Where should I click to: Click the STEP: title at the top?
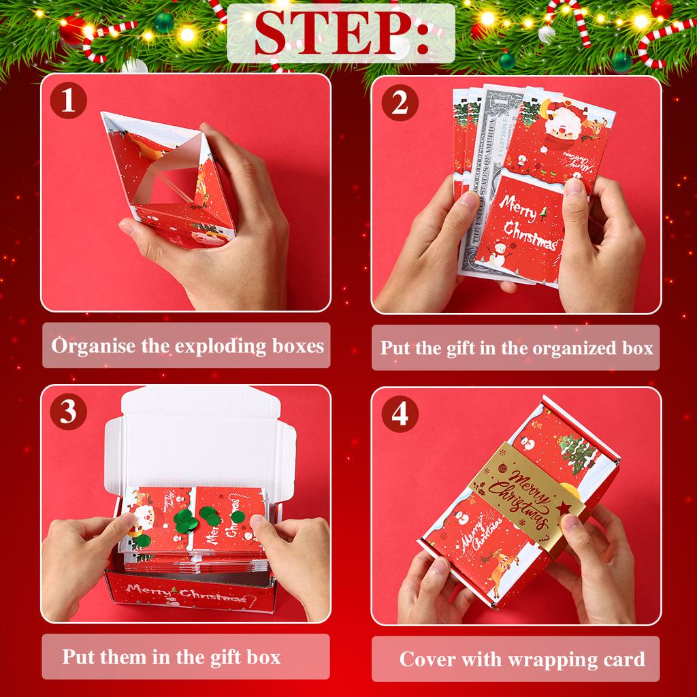pyautogui.click(x=341, y=33)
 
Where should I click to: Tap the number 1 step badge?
pyautogui.click(x=68, y=102)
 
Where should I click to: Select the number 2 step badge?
pyautogui.click(x=400, y=103)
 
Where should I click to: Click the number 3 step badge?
pyautogui.click(x=68, y=413)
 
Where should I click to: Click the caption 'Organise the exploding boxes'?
pyautogui.click(x=187, y=346)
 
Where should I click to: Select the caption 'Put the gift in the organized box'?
pyautogui.click(x=516, y=348)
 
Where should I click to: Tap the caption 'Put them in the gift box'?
pyautogui.click(x=172, y=657)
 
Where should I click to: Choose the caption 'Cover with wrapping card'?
pyautogui.click(x=521, y=659)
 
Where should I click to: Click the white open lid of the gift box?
pyautogui.click(x=204, y=436)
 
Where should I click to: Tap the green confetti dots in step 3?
pyautogui.click(x=205, y=517)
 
